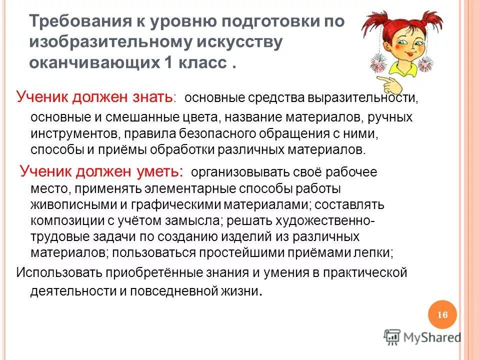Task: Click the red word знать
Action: click(x=150, y=96)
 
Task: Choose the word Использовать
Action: click(x=59, y=273)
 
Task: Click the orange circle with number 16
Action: click(x=442, y=314)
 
